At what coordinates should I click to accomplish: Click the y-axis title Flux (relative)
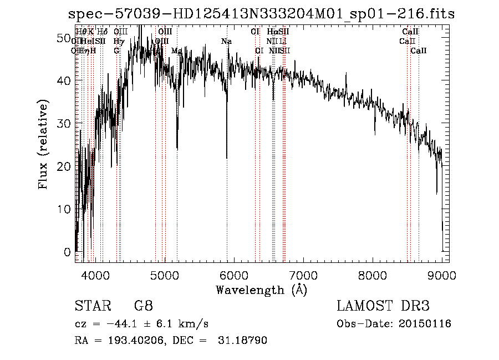[44, 144]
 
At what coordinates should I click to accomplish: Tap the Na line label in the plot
[226, 42]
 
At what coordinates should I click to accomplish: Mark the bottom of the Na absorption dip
[227, 158]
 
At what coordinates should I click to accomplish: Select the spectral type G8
[143, 306]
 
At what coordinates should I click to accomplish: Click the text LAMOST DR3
[383, 306]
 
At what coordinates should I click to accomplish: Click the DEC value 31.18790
[244, 341]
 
